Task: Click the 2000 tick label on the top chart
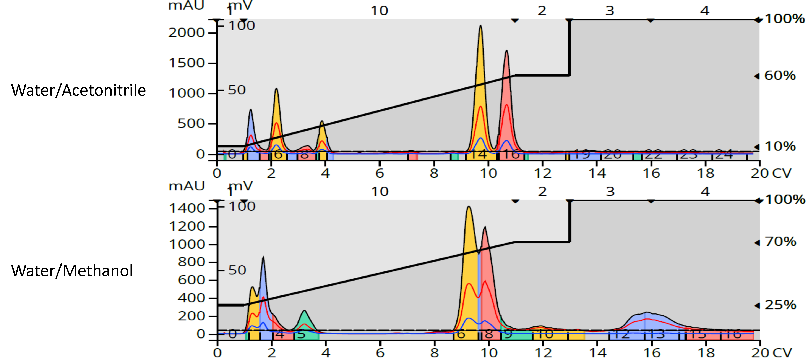(186, 33)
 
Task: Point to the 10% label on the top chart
(780, 146)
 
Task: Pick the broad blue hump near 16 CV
(646, 323)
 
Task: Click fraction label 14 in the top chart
(479, 154)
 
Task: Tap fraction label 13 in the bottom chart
(656, 334)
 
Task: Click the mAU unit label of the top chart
(186, 5)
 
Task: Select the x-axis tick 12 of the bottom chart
(543, 353)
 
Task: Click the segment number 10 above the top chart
(379, 11)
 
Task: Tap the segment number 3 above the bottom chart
(610, 192)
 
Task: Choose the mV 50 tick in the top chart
(236, 90)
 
